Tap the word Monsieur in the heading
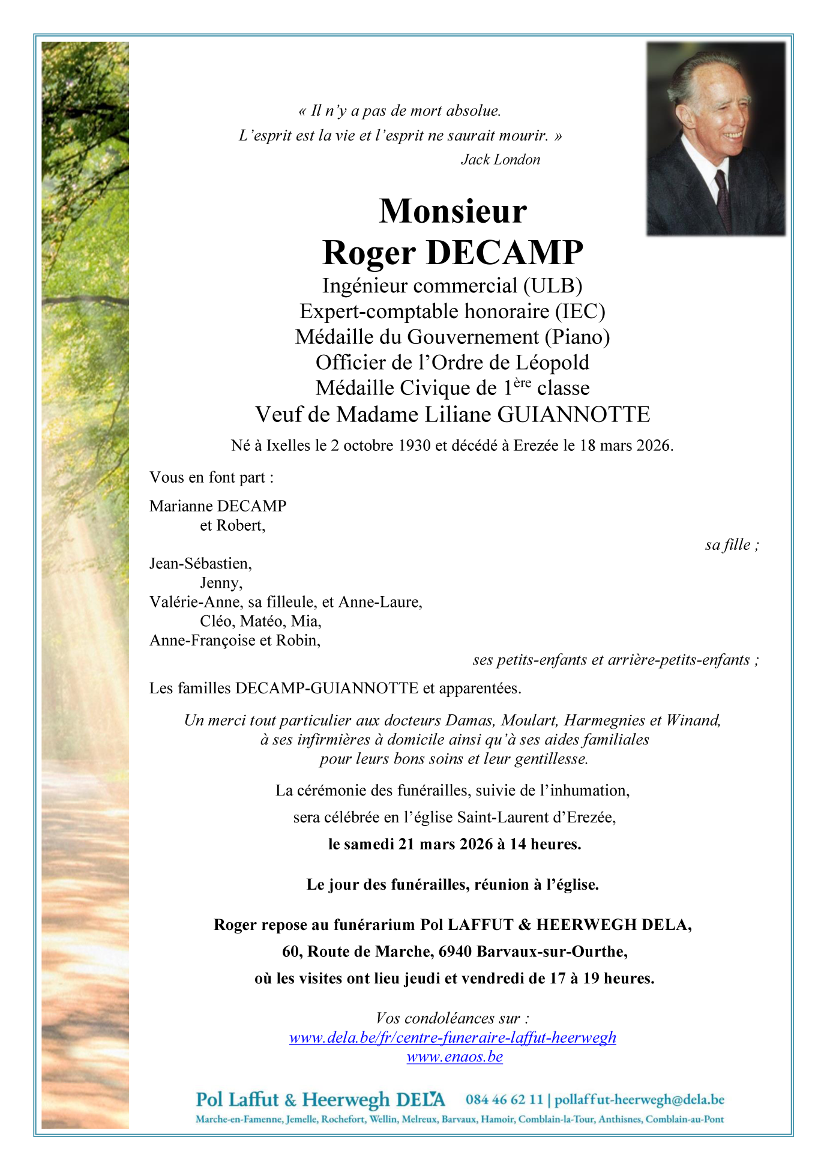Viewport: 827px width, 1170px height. (453, 211)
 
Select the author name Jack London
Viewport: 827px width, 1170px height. (501, 160)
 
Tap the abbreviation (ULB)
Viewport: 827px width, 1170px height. (553, 286)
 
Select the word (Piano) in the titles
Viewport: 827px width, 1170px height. (577, 337)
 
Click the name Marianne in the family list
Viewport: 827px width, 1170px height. (181, 506)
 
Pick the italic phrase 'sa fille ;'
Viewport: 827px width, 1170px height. (732, 544)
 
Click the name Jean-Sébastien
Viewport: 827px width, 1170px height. (200, 564)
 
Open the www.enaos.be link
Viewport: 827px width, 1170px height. (454, 1057)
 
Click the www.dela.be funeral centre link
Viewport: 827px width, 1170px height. (453, 1038)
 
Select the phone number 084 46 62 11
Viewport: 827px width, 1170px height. (504, 1100)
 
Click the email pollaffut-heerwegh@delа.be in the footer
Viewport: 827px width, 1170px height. (639, 1100)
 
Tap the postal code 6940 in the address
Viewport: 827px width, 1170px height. (456, 951)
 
